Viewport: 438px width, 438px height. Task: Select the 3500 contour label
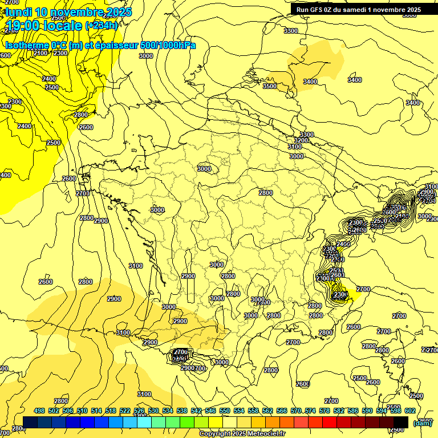coord(270,86)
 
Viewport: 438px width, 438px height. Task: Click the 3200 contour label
coord(301,140)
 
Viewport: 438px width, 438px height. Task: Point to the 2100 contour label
coord(40,53)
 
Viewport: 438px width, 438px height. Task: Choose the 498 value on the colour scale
coord(39,411)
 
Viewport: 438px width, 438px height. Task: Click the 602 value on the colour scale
coord(409,411)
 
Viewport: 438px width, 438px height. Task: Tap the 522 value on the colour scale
coord(125,411)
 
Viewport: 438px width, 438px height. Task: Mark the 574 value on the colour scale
coord(310,411)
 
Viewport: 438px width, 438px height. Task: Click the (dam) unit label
coord(423,423)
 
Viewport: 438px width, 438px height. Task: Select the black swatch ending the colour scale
coord(401,422)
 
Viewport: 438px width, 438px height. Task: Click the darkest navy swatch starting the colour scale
coord(30,422)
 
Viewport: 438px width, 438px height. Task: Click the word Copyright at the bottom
coord(214,434)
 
